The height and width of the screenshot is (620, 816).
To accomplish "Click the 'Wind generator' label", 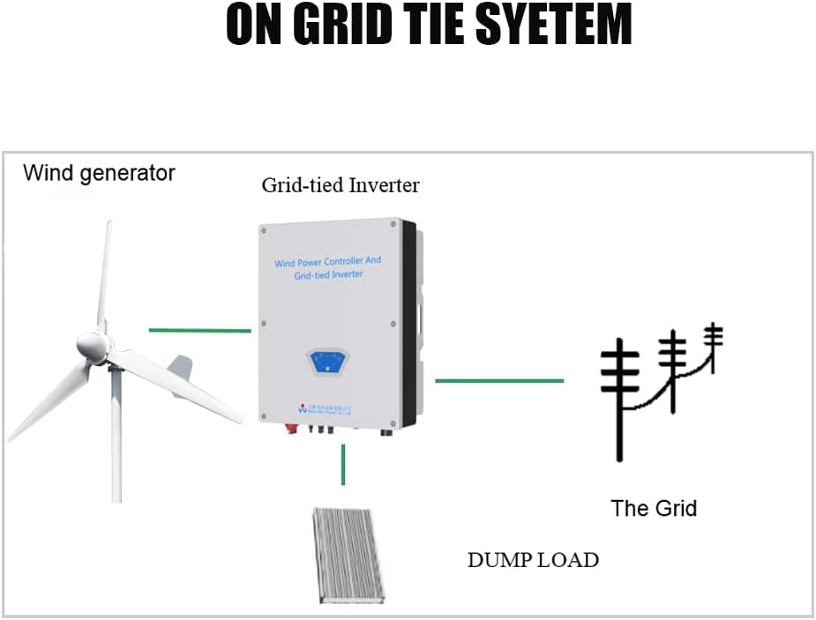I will (99, 173).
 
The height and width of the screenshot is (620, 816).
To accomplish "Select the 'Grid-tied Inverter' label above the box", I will (340, 185).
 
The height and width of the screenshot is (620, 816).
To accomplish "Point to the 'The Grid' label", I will (654, 508).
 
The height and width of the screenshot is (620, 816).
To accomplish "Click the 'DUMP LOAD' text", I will (533, 560).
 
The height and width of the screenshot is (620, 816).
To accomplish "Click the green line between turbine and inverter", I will (199, 331).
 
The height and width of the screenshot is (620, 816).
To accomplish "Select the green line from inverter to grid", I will (499, 381).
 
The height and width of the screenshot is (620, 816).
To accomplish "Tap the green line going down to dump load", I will (343, 465).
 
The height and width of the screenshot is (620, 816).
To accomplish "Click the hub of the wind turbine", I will (92, 346).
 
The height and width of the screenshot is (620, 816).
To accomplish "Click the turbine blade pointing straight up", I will (105, 273).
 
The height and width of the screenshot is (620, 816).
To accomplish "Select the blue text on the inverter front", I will (328, 268).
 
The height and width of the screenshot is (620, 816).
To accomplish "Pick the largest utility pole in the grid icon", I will (620, 397).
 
